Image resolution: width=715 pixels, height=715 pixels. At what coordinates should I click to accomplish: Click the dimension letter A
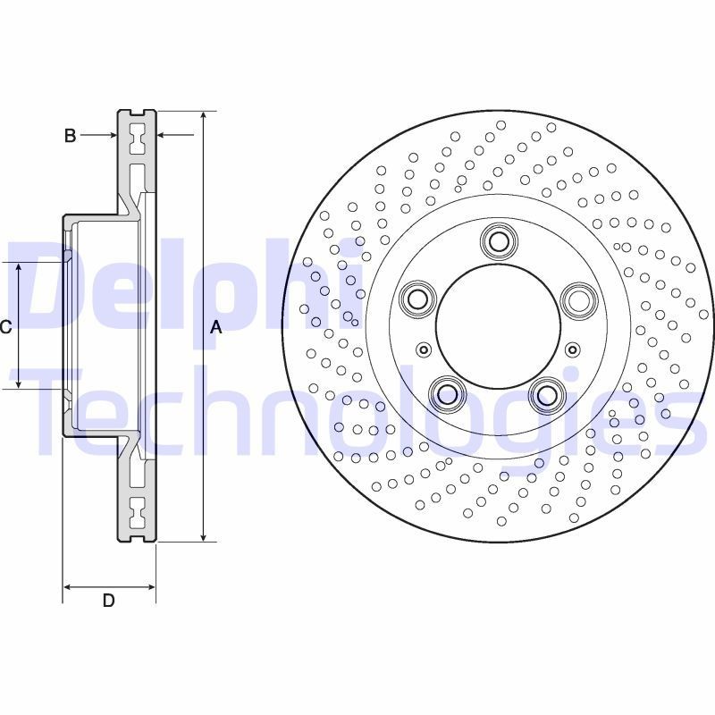tap(215, 328)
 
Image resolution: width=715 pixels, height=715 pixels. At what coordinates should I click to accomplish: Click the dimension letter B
tap(70, 136)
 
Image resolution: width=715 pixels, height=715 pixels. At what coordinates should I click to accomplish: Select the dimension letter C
tap(5, 327)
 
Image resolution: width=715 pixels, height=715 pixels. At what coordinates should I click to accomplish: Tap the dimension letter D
tap(108, 601)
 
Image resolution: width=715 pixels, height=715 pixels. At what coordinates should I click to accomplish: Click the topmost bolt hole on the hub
tap(498, 240)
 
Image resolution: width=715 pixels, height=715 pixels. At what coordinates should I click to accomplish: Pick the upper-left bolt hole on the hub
tap(416, 299)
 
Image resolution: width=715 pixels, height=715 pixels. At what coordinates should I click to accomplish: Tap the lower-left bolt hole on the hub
tap(447, 392)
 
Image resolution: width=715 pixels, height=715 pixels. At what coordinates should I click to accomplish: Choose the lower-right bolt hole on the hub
tap(547, 392)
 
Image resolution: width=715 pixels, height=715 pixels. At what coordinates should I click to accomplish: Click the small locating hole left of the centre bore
tap(424, 349)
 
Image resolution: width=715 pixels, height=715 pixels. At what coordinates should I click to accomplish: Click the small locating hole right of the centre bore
tap(572, 349)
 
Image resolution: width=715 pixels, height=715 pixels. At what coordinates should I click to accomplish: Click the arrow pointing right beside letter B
tap(111, 136)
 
